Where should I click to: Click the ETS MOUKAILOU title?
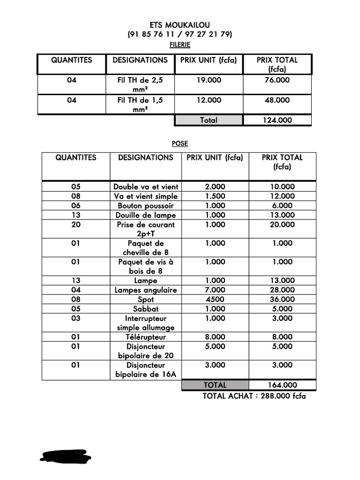click(180, 24)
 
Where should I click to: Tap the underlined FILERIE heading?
click(180, 45)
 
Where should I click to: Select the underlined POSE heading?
click(180, 143)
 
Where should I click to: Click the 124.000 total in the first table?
click(277, 120)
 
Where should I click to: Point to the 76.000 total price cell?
click(277, 80)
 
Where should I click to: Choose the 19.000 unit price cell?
click(209, 80)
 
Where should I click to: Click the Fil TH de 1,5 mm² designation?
click(140, 104)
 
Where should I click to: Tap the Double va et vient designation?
click(146, 187)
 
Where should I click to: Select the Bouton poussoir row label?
click(146, 205)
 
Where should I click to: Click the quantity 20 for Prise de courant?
click(76, 225)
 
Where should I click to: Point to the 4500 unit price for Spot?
click(215, 299)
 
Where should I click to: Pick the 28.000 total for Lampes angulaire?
click(282, 290)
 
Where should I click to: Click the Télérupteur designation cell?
click(146, 337)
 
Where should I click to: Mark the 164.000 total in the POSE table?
click(282, 385)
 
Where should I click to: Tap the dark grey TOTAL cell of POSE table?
click(215, 385)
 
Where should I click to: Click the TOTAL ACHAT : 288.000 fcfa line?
click(254, 396)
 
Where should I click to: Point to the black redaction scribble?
click(66, 456)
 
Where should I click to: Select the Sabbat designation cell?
click(146, 308)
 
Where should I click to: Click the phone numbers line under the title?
click(180, 34)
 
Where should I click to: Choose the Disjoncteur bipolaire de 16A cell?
click(146, 369)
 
